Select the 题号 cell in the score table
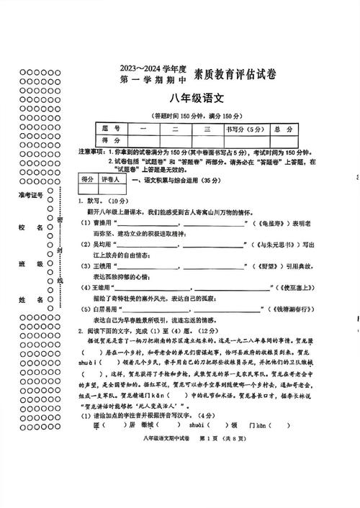(111, 129)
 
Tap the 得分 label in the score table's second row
(111, 140)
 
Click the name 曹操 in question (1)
(101, 224)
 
